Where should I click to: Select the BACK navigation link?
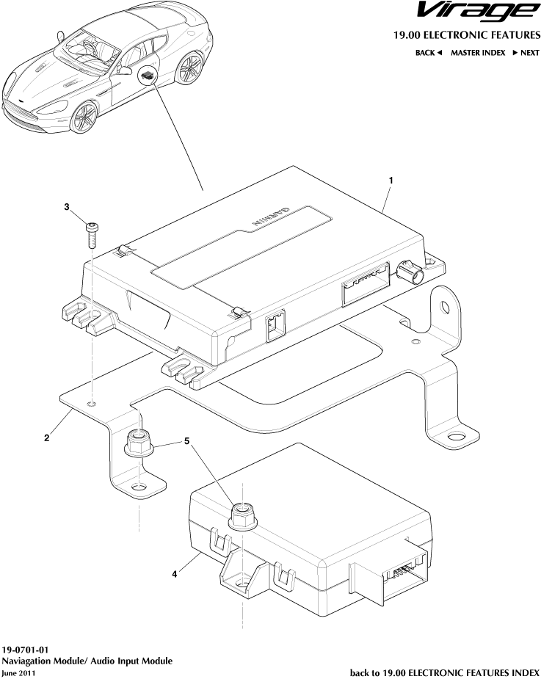coord(428,53)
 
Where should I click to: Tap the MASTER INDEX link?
coord(478,53)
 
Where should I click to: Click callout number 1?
coord(391,180)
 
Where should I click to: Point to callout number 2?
coord(47,438)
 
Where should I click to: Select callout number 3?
coord(67,208)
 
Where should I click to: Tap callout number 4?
coord(175,575)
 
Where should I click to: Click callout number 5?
coord(186,442)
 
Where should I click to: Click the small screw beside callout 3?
coord(91,236)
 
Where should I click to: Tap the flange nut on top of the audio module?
coord(242,517)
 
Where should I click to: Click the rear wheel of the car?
coord(192,70)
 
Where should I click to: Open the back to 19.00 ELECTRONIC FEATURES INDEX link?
coord(444,672)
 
